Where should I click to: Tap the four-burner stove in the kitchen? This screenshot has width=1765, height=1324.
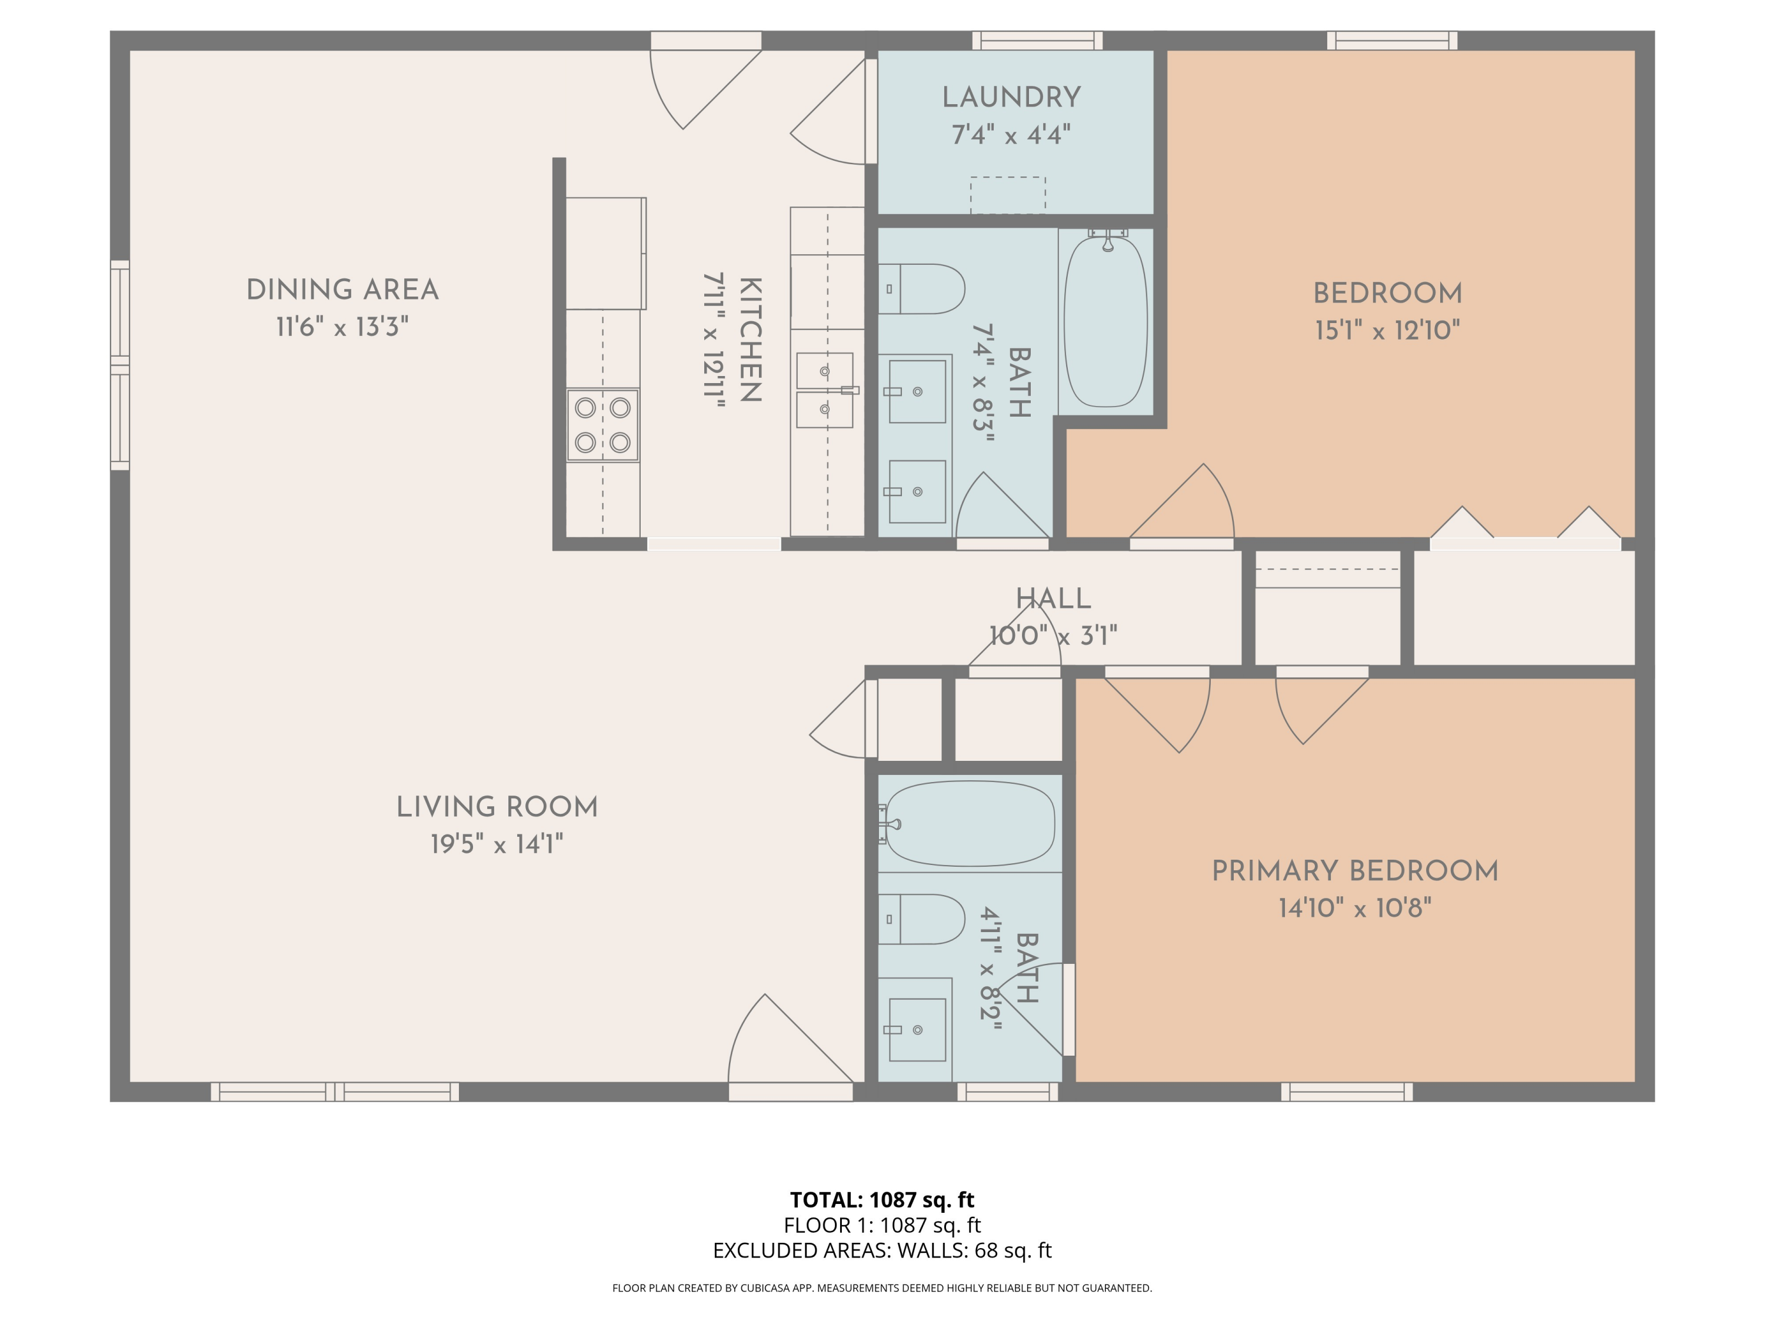pyautogui.click(x=602, y=425)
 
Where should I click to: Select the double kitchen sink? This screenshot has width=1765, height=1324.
pyautogui.click(x=825, y=390)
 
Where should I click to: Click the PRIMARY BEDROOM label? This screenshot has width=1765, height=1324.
pyautogui.click(x=1355, y=871)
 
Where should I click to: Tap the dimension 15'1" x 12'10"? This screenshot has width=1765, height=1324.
pyautogui.click(x=1387, y=330)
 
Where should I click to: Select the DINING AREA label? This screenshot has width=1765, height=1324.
pyautogui.click(x=342, y=290)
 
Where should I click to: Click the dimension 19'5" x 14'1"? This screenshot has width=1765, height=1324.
pyautogui.click(x=497, y=844)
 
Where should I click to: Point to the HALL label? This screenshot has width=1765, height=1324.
pyautogui.click(x=1053, y=598)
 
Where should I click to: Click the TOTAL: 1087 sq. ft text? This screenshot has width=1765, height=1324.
pyautogui.click(x=882, y=1199)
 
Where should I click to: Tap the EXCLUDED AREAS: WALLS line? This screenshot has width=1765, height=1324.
pyautogui.click(x=882, y=1250)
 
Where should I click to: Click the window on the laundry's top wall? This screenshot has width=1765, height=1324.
pyautogui.click(x=1037, y=41)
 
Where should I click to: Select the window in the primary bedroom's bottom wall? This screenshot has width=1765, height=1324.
pyautogui.click(x=1347, y=1091)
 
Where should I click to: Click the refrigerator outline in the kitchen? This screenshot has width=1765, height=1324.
pyautogui.click(x=605, y=253)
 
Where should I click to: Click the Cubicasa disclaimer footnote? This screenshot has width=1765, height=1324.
pyautogui.click(x=882, y=1288)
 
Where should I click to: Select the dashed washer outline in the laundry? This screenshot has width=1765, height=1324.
pyautogui.click(x=1008, y=195)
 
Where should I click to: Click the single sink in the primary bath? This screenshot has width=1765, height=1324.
pyautogui.click(x=917, y=1030)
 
